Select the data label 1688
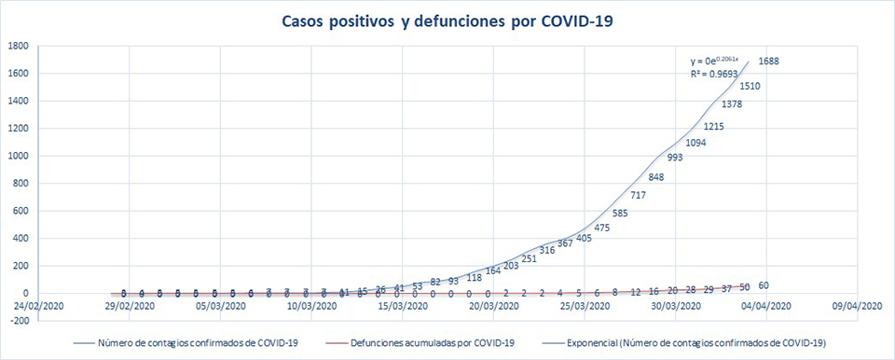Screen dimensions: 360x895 [769, 62]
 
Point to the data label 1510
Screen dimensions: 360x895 [751, 87]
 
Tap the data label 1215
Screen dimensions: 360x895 [715, 127]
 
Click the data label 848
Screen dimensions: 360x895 [656, 177]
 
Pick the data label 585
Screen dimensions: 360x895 [620, 214]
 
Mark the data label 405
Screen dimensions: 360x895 [584, 239]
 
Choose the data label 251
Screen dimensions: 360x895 [530, 258]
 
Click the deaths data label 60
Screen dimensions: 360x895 [764, 285]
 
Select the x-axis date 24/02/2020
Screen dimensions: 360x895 [39, 306]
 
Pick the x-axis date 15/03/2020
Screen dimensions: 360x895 [404, 306]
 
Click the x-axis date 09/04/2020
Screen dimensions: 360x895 [859, 306]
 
